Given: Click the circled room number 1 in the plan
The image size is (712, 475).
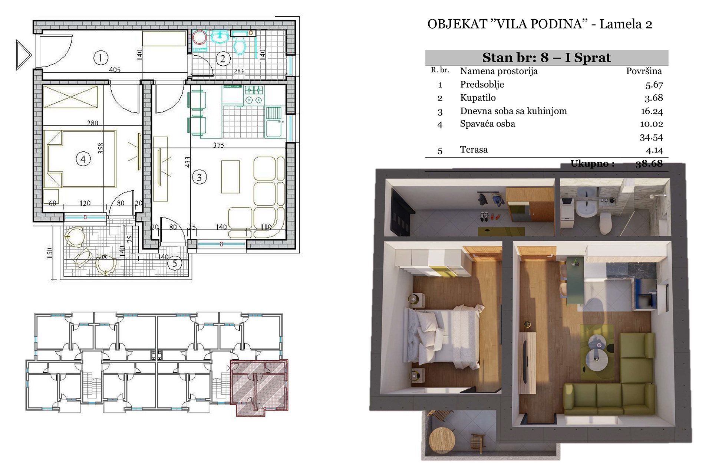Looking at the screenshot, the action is pyautogui.click(x=100, y=58).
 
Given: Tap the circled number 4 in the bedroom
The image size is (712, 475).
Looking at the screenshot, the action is pyautogui.click(x=83, y=159).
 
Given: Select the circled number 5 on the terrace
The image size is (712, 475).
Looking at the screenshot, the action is pyautogui.click(x=175, y=263).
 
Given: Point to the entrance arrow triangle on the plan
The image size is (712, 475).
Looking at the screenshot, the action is pyautogui.click(x=24, y=55).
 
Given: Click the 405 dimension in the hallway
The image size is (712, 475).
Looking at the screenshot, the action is pyautogui.click(x=115, y=70).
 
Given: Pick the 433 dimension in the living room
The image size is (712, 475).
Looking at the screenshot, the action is pyautogui.click(x=188, y=162).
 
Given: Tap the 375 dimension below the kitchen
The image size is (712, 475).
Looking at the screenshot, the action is pyautogui.click(x=219, y=145).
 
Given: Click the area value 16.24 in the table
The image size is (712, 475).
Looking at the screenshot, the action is pyautogui.click(x=654, y=111).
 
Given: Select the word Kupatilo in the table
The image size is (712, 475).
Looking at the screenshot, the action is pyautogui.click(x=478, y=98).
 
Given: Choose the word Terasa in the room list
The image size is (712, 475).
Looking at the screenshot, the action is pyautogui.click(x=474, y=150).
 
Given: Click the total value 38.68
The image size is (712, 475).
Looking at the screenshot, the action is pyautogui.click(x=649, y=164).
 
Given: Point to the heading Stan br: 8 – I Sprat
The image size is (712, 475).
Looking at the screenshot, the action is pyautogui.click(x=547, y=58).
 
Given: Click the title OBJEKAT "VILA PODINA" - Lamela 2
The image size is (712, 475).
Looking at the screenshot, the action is pyautogui.click(x=540, y=24).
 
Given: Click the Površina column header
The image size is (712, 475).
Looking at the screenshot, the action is pyautogui.click(x=644, y=71).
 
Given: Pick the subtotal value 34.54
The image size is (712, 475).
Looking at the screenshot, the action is pyautogui.click(x=651, y=137).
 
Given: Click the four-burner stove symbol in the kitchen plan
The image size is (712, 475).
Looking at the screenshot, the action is pyautogui.click(x=254, y=95).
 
